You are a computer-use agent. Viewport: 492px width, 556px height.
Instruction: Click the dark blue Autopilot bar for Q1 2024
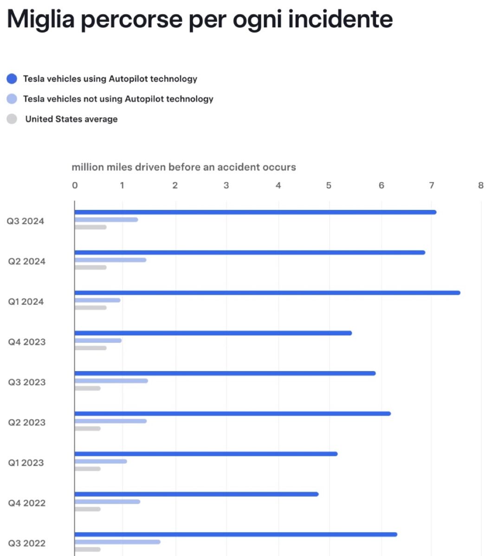(x=267, y=293)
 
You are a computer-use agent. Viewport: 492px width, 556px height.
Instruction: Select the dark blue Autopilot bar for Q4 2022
(x=196, y=494)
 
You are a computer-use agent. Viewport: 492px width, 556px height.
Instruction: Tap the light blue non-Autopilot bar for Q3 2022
(x=117, y=542)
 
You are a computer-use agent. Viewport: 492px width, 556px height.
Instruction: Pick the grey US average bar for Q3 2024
(x=91, y=227)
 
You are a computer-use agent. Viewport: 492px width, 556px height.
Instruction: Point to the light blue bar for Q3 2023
(x=111, y=381)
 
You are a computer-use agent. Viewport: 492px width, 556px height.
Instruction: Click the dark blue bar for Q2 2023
(x=233, y=413)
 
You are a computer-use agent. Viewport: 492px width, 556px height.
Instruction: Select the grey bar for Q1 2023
(x=88, y=469)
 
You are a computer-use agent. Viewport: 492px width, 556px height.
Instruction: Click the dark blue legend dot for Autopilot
(x=12, y=79)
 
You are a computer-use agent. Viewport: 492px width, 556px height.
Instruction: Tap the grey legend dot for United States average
(x=12, y=119)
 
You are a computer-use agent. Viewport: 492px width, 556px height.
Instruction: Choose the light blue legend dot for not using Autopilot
(x=12, y=99)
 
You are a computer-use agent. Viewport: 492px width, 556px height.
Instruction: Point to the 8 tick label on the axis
(x=480, y=185)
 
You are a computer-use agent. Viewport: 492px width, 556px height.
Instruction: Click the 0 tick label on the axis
(x=75, y=185)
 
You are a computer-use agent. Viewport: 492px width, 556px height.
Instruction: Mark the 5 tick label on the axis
(x=329, y=185)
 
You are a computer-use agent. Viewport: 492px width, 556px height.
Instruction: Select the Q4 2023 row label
(x=27, y=342)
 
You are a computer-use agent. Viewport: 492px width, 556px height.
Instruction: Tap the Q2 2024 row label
(x=27, y=261)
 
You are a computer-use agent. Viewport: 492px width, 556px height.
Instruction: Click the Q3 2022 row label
(x=27, y=543)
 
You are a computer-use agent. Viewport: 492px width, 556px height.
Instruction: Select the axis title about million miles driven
(x=184, y=167)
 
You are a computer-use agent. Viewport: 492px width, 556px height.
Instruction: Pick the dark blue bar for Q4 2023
(x=213, y=333)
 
